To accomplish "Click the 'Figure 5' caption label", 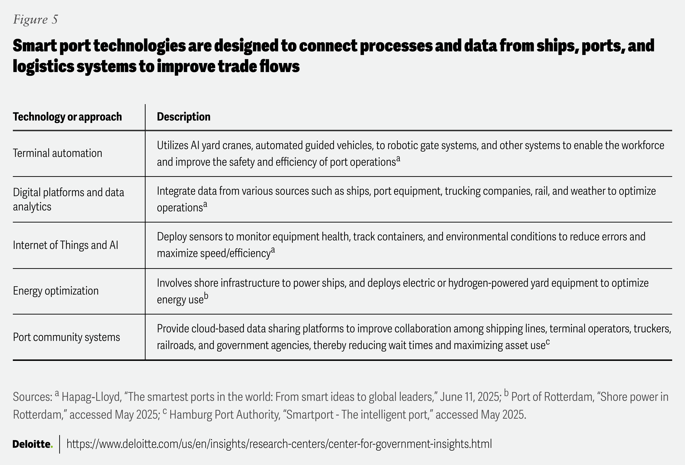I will (x=35, y=19).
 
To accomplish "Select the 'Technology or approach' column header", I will (x=67, y=117).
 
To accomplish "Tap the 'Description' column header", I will (x=183, y=117).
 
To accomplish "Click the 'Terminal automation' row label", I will (x=58, y=153).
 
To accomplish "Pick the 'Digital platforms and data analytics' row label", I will (x=68, y=199).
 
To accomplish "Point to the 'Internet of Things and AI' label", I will (x=65, y=245).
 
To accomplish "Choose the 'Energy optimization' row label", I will (x=56, y=291).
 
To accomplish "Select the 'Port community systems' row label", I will (x=66, y=337).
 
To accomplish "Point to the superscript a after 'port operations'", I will (x=398, y=159).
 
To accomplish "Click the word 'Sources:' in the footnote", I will (x=32, y=397).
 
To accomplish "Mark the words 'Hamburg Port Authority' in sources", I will (x=224, y=415).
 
